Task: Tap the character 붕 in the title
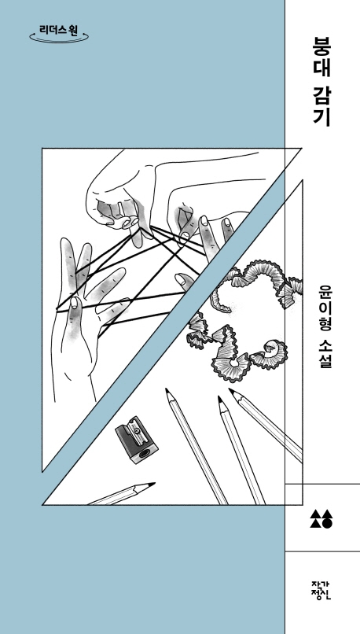pos(321,44)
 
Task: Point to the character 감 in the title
pos(321,98)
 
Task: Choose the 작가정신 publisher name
pos(321,589)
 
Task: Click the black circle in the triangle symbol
pos(327,520)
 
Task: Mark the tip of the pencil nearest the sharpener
pos(168,391)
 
